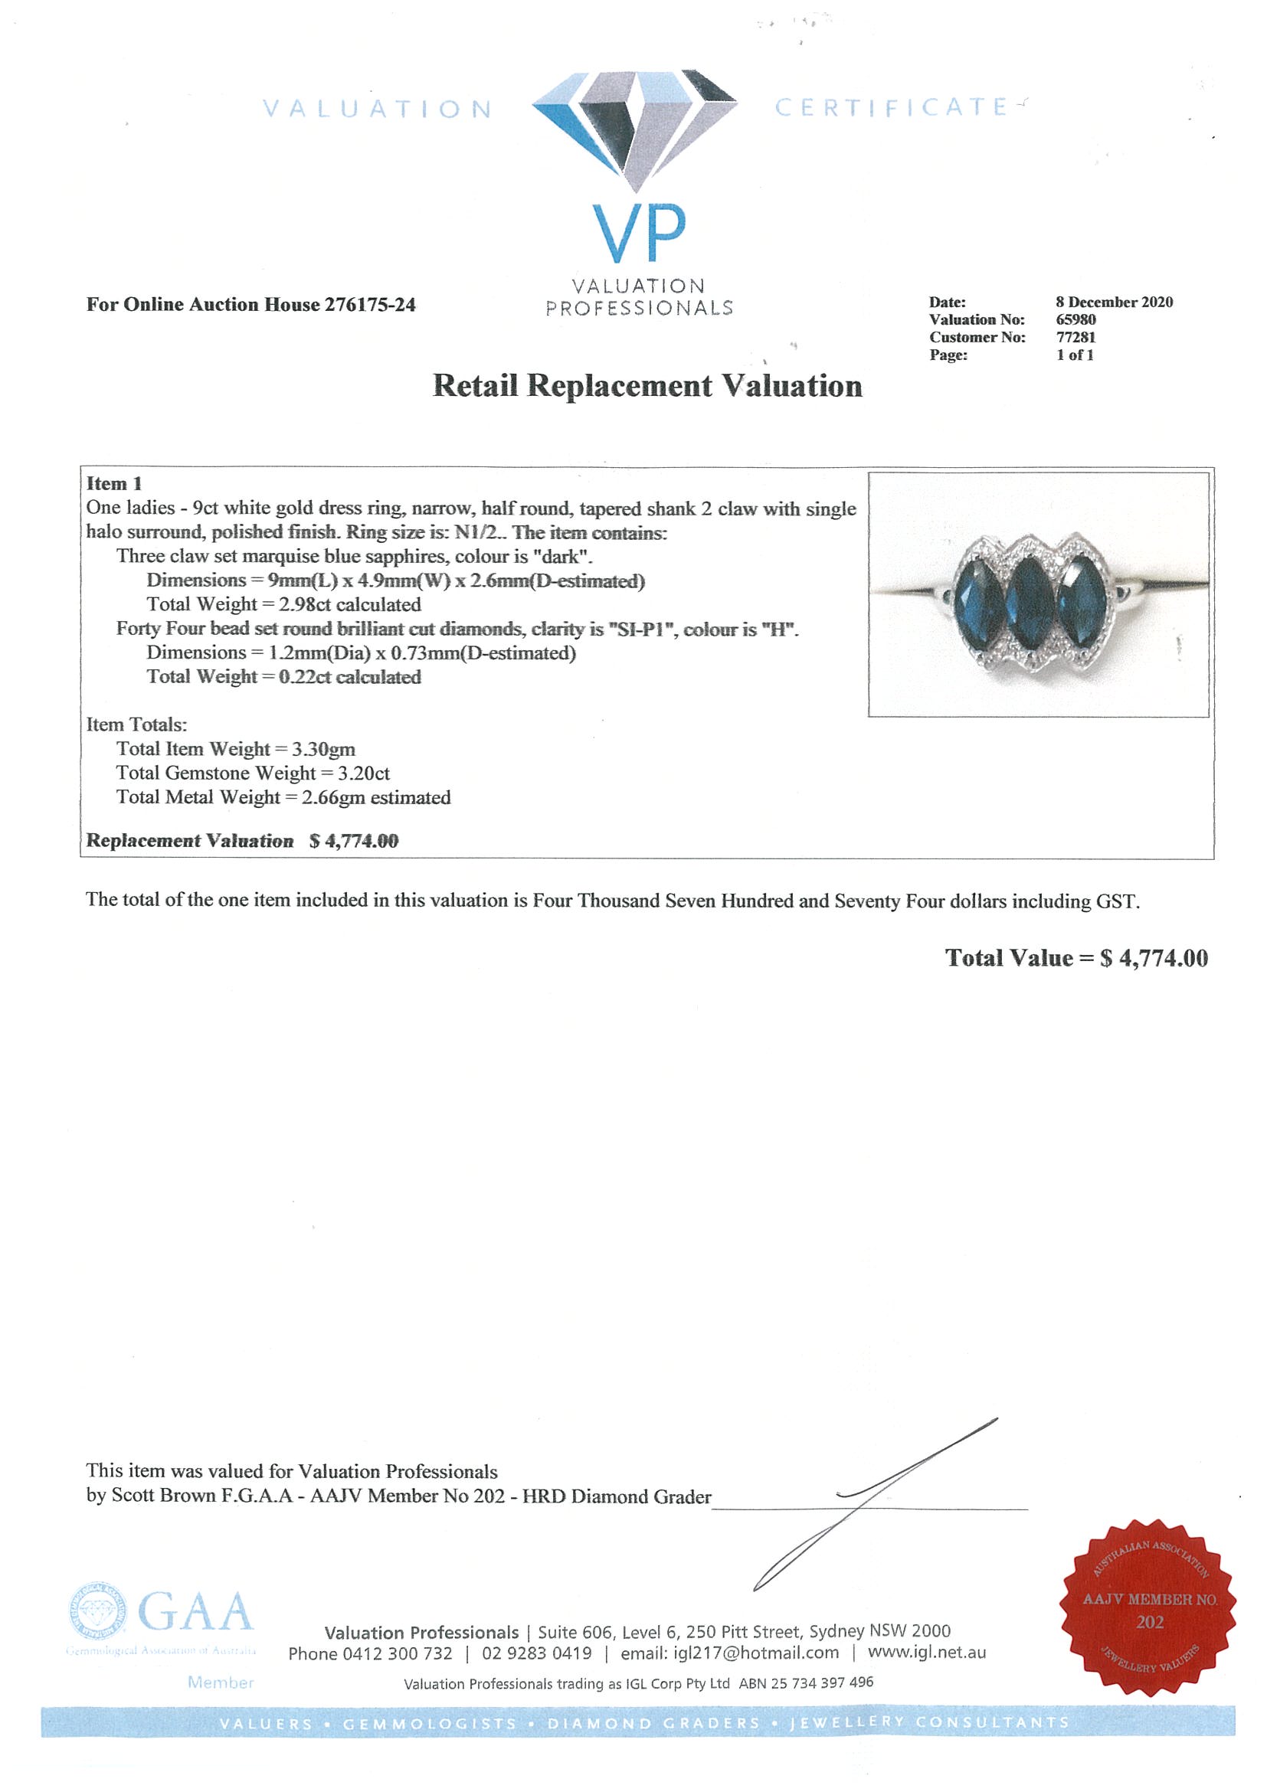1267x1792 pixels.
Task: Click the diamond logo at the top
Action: [634, 129]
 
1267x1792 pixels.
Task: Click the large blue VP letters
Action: [639, 234]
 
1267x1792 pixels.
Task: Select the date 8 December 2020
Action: [1114, 302]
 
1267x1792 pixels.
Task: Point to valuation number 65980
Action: [1075, 320]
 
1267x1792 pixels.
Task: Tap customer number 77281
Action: [1075, 337]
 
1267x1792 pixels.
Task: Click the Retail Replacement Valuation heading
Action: [647, 385]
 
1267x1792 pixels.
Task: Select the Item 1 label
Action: [114, 484]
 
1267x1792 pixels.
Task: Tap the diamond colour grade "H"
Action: [778, 629]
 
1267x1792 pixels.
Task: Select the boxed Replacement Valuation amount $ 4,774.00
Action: [354, 841]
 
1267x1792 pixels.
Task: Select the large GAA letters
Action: [195, 1613]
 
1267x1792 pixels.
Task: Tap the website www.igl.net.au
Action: [927, 1653]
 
